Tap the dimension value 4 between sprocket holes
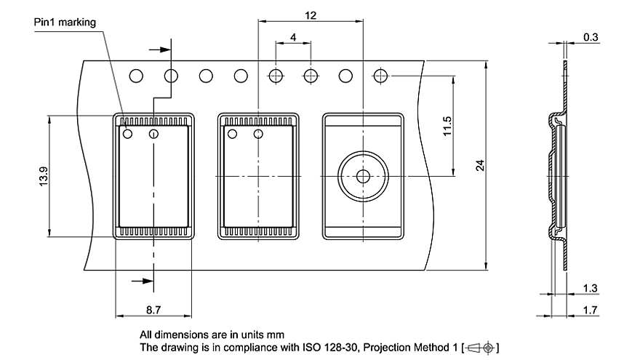292,36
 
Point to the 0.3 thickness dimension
591,36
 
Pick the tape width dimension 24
480,165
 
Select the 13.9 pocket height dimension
43,175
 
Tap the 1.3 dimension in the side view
591,289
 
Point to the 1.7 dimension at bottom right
591,310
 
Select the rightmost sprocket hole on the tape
380,76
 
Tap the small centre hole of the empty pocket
362,176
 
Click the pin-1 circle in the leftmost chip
128,133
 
